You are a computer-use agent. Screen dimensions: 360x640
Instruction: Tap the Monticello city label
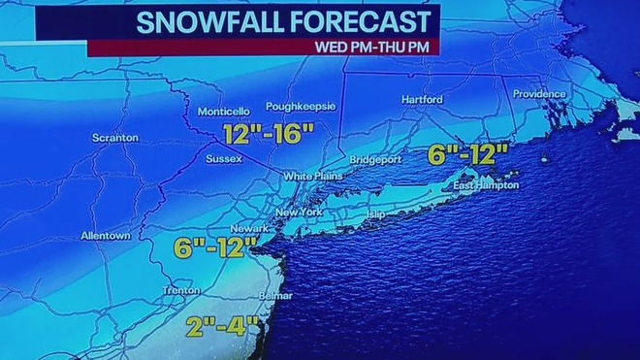point(224,112)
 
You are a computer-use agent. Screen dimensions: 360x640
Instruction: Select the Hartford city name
point(422,100)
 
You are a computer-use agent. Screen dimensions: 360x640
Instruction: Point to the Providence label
point(538,94)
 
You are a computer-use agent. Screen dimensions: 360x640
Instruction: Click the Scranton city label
point(115,139)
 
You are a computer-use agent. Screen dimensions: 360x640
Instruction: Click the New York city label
point(298,213)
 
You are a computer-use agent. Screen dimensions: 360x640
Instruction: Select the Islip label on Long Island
point(376,212)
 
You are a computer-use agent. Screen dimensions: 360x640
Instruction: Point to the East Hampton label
point(486,185)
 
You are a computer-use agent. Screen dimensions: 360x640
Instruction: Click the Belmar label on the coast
point(275,296)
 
